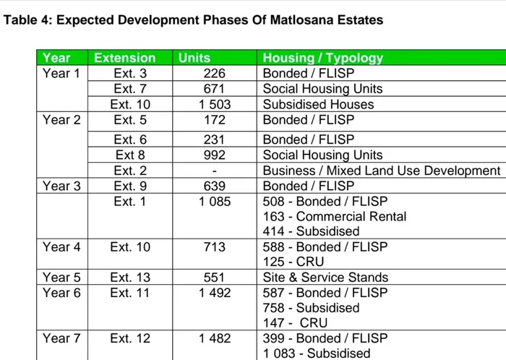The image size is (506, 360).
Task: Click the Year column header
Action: pos(57,58)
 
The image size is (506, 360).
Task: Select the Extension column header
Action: pos(125,58)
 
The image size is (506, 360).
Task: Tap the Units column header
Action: pos(194,58)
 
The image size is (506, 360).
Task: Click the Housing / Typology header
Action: pos(322,58)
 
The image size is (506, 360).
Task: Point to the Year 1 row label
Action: pos(61,73)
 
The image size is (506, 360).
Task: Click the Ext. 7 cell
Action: pos(130,89)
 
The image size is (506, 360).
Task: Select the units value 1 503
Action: pos(215,104)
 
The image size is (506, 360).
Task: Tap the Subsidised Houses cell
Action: pos(318,104)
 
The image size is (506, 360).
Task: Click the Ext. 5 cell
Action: pos(130,119)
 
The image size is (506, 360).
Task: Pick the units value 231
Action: pos(214,140)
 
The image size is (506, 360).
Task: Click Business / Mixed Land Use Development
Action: pos(381,171)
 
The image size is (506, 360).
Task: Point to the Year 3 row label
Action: pos(61,186)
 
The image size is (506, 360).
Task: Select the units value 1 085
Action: pos(215,202)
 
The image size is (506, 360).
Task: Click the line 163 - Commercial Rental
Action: pos(334,216)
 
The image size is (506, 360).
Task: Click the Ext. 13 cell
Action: pos(130,277)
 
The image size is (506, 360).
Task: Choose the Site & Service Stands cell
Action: pos(325,277)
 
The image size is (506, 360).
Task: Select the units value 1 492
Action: pos(215,293)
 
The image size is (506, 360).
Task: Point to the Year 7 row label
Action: pos(61,338)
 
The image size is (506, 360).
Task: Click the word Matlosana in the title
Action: pos(288,20)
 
